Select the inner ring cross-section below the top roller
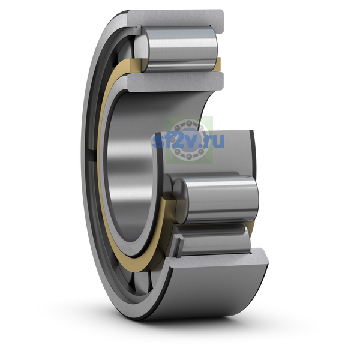coord(175,82)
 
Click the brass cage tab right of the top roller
coord(218,64)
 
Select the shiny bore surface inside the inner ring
coord(138,161)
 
